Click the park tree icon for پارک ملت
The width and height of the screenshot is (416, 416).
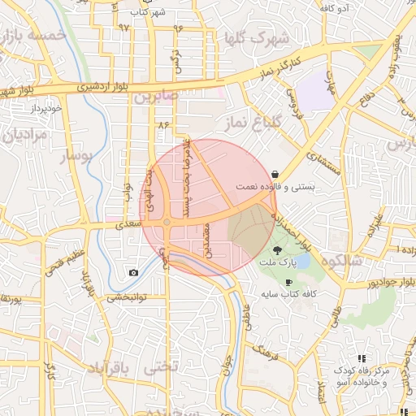click(277, 249)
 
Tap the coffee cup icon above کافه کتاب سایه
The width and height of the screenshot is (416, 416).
click(289, 282)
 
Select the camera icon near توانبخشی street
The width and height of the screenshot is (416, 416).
click(134, 272)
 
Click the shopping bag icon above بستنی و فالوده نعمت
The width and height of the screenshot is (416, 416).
click(275, 174)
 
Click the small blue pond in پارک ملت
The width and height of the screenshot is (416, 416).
click(301, 262)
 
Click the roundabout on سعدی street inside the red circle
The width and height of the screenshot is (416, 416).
click(167, 222)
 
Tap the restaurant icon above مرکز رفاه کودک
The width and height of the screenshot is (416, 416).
click(362, 357)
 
